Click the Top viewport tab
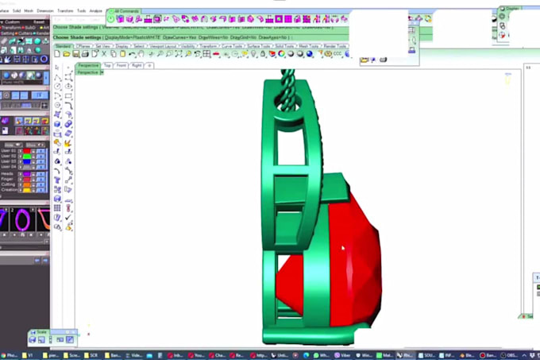point(108,65)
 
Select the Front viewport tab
point(121,65)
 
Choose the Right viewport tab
point(137,65)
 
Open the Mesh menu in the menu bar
point(29,11)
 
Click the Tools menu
point(81,11)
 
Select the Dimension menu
point(44,11)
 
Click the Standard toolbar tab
point(64,46)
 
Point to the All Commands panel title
point(127,11)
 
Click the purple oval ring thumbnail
point(23,219)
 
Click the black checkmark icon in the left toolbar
point(67,218)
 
